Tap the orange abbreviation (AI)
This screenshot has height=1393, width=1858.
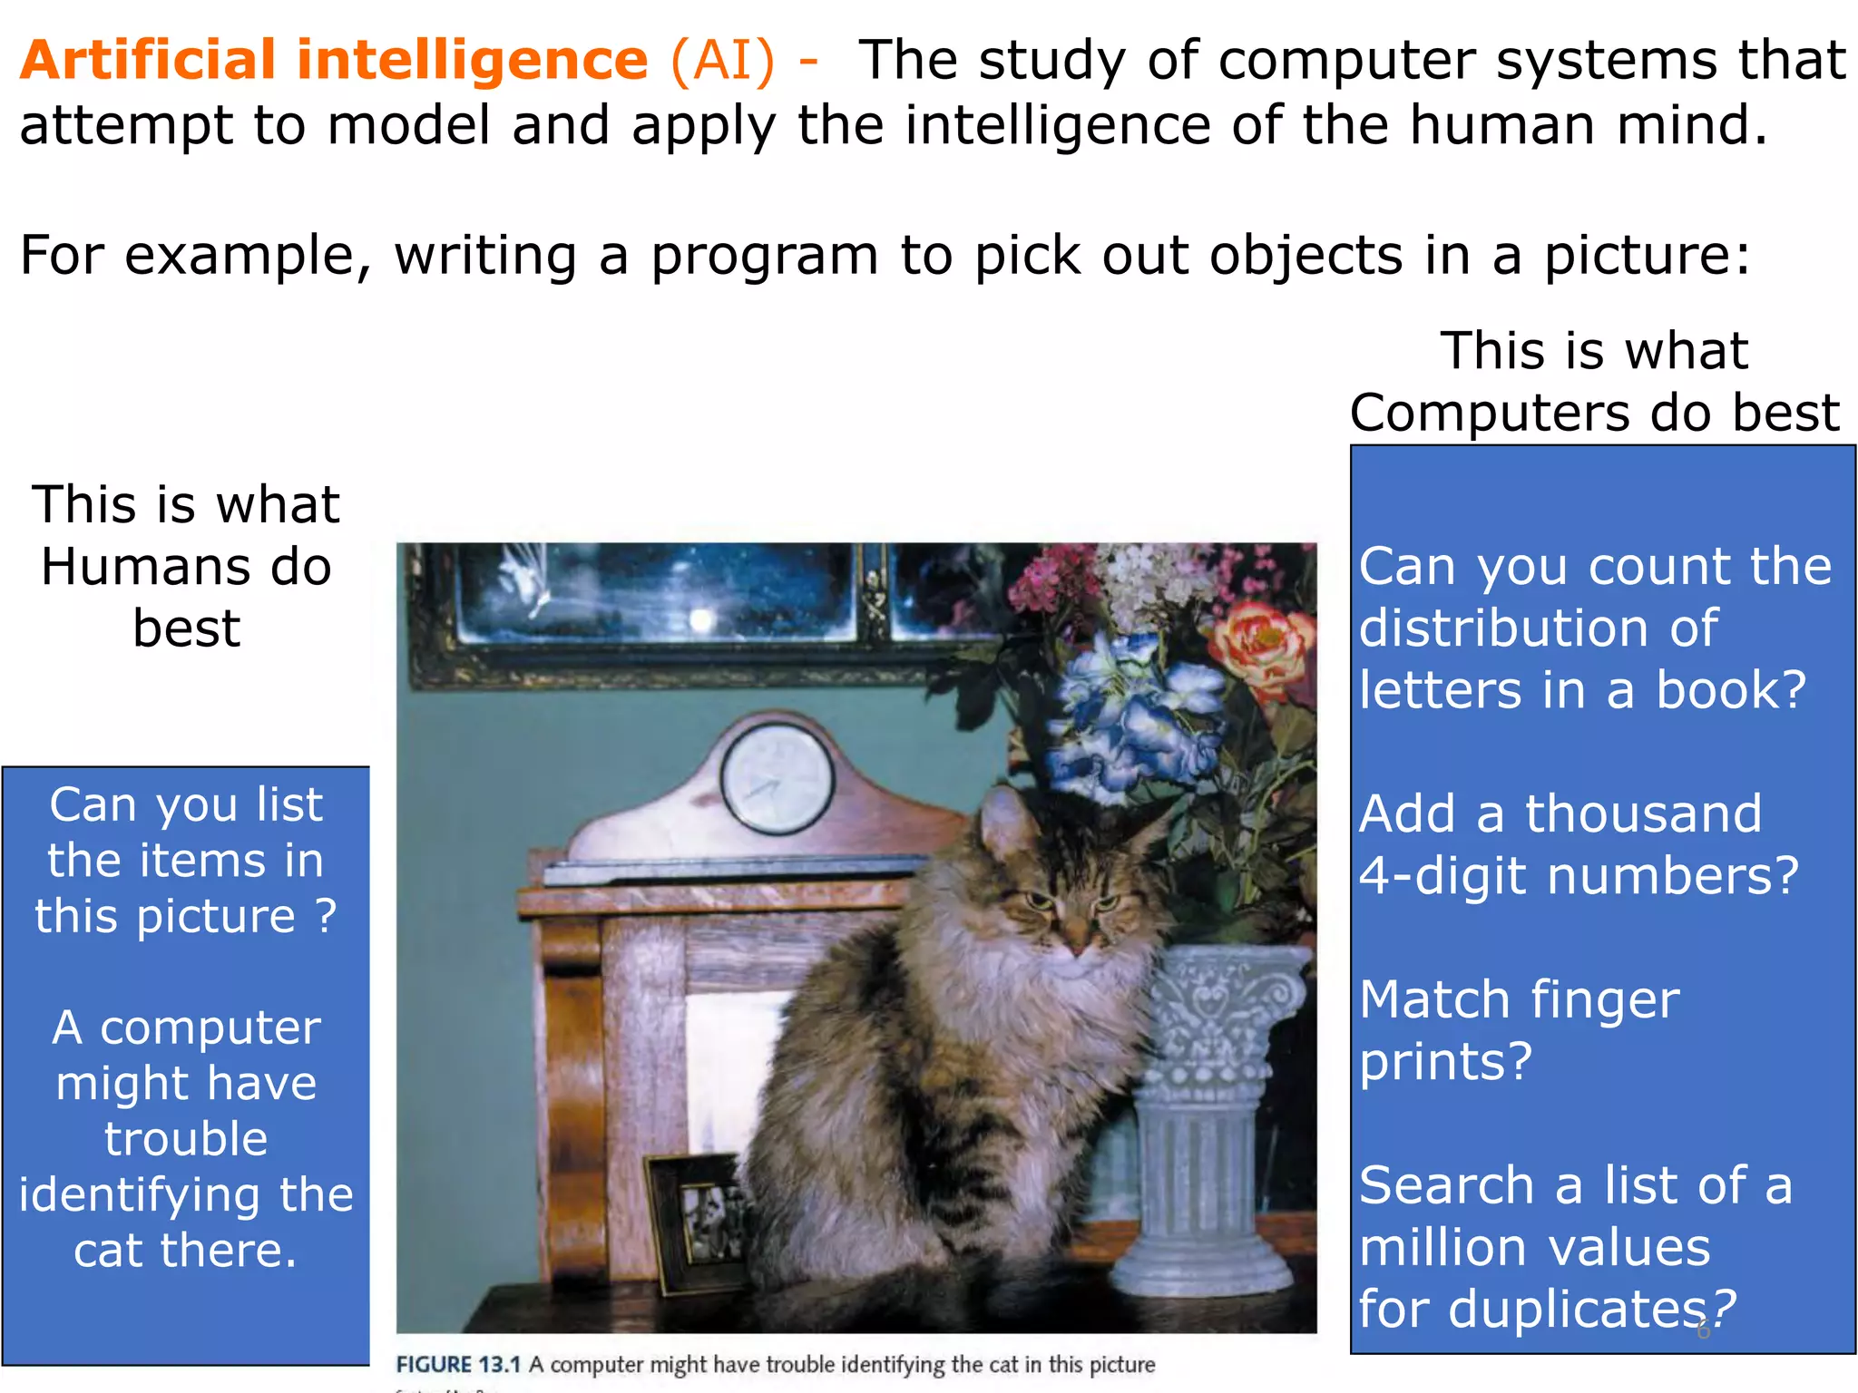point(723,60)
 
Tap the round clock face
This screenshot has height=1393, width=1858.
point(777,779)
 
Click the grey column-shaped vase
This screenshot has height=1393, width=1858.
point(1206,1115)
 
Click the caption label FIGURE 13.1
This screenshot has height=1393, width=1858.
point(458,1364)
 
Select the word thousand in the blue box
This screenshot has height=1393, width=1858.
point(1643,813)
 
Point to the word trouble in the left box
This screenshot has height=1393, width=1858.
point(186,1139)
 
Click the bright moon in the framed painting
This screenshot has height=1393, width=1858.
point(700,619)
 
